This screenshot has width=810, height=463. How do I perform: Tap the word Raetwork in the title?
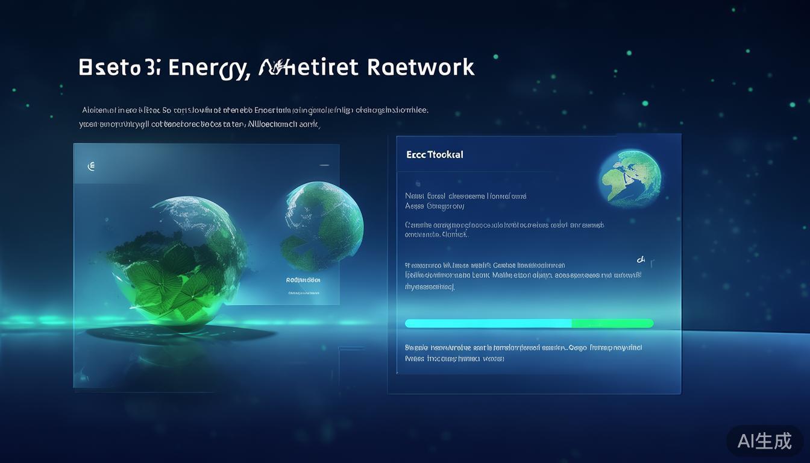coord(420,67)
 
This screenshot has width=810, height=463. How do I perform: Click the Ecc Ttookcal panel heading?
coord(435,154)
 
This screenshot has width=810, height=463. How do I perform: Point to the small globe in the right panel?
coord(630,178)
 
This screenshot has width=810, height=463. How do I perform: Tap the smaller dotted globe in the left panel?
coord(322,226)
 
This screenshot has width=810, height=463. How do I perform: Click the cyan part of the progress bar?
coord(488,324)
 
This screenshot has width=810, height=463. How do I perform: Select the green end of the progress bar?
coord(612,324)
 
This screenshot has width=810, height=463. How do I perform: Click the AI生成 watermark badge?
coord(764,441)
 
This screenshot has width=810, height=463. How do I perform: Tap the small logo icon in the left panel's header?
coord(92,166)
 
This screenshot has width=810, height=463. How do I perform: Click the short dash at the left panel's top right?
coord(324,165)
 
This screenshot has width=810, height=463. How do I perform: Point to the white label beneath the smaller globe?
coord(303,280)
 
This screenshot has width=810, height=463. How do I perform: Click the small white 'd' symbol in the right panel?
coord(641,259)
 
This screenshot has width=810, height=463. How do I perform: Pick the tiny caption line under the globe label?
coord(303,293)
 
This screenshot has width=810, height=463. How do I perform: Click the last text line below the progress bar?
coord(455,358)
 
